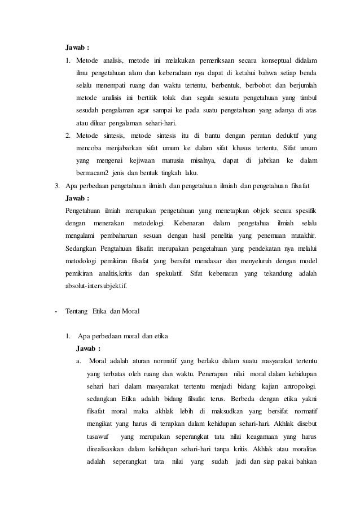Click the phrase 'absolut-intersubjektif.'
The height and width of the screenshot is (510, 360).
[x=96, y=286]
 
